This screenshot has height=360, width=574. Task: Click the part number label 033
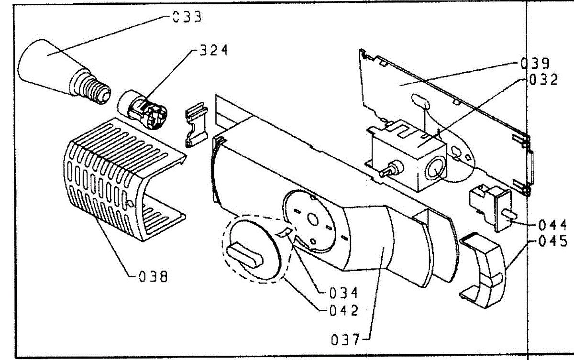(187, 18)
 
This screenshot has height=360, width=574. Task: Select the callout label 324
(210, 50)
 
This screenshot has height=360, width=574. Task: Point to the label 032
(543, 79)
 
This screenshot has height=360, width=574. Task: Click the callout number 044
(553, 225)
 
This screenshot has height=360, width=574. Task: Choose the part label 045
(553, 241)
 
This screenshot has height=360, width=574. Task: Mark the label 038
(153, 276)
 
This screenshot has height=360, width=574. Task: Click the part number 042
(343, 310)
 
